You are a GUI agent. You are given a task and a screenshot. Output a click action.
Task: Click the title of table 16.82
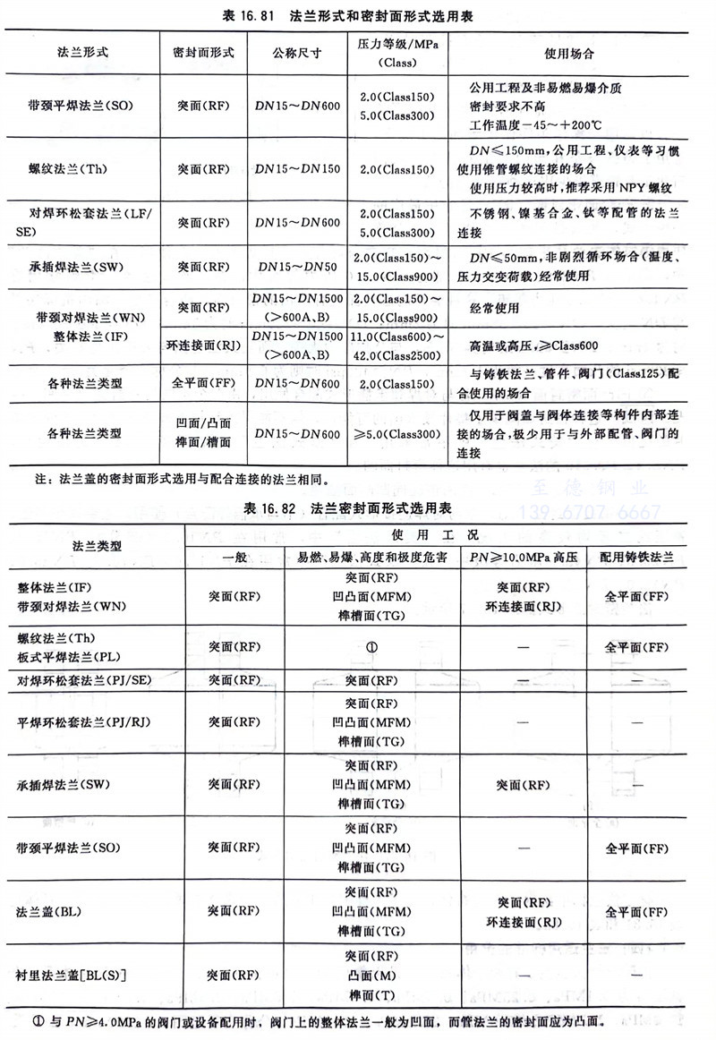click(358, 507)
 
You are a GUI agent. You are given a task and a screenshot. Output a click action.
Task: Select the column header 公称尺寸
click(296, 52)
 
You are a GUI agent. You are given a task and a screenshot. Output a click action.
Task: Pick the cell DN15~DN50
click(296, 267)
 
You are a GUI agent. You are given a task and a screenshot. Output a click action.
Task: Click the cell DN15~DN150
click(296, 167)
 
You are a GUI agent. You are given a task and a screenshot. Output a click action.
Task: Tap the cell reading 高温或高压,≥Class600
click(533, 345)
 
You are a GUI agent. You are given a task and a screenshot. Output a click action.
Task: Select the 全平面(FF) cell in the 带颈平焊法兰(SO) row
click(636, 848)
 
